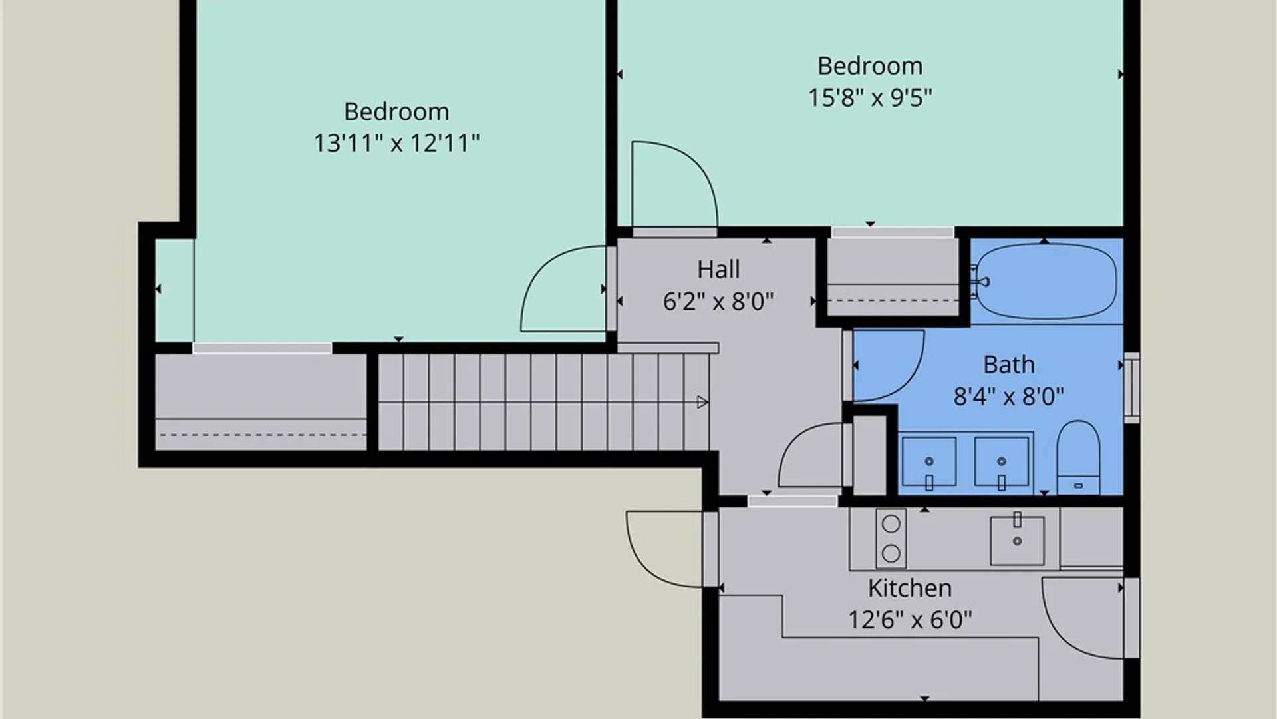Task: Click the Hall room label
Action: tap(718, 270)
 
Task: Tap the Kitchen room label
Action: tap(910, 589)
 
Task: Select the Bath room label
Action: tap(1009, 365)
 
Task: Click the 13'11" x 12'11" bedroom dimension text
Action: tap(396, 143)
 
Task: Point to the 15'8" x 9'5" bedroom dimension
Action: tap(870, 98)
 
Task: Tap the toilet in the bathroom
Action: tap(1078, 457)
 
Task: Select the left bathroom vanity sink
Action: tap(929, 462)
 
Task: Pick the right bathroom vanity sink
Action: tap(1002, 462)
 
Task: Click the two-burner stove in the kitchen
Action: tap(891, 539)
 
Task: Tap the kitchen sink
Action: tap(1017, 539)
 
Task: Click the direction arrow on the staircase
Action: tap(702, 402)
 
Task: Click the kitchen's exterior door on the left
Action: tap(665, 550)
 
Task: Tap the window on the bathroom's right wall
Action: tap(1131, 387)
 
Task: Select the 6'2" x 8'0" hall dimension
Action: tap(718, 302)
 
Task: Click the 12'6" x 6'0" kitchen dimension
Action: tap(910, 620)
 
